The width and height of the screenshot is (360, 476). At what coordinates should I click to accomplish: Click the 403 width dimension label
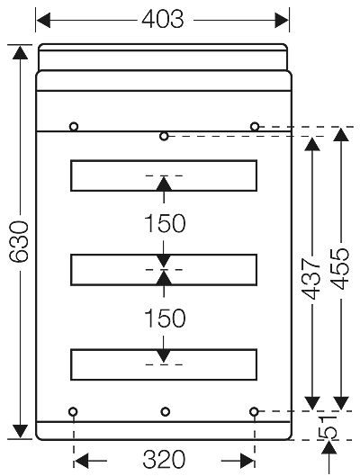coord(163,19)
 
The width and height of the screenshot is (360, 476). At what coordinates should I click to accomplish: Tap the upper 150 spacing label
coord(163,224)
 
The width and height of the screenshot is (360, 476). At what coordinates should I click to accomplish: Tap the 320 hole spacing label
coord(163,460)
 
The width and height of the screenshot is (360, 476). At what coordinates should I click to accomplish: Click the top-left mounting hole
coord(74,126)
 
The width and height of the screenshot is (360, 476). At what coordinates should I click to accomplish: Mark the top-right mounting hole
coord(255,126)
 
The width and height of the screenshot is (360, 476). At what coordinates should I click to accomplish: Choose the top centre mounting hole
coord(164,136)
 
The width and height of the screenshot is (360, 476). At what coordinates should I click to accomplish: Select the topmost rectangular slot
coord(163,176)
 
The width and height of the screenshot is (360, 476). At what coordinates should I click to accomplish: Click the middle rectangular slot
coord(163,269)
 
